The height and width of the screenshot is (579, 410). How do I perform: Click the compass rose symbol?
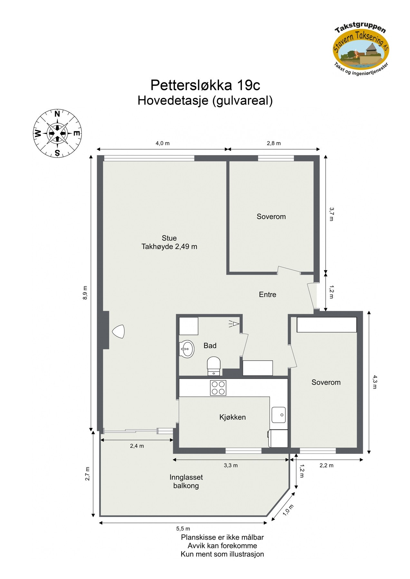[57, 133]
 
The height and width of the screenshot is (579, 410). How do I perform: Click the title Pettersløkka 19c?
[205, 85]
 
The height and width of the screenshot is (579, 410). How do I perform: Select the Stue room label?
[169, 238]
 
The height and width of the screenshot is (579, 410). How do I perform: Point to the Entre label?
[267, 294]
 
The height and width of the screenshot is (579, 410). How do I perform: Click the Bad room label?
[210, 345]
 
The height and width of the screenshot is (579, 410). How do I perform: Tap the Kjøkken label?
[232, 417]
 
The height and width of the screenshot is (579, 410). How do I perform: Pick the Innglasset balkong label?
[186, 482]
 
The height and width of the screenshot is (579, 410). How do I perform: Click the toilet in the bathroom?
[214, 365]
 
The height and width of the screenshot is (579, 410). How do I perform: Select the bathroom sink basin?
[186, 348]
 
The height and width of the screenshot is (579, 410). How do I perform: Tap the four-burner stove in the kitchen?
[218, 388]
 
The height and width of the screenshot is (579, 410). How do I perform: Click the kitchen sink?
[278, 415]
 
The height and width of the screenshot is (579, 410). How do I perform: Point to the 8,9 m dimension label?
[85, 293]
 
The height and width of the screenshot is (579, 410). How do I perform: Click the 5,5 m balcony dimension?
[183, 528]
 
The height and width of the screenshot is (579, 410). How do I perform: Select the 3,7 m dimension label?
[331, 214]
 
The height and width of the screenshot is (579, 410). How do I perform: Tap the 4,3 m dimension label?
[375, 382]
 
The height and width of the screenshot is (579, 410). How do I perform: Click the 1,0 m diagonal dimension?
[288, 510]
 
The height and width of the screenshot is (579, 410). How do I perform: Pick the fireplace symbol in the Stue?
[118, 331]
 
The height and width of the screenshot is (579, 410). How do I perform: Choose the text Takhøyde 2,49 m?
[169, 247]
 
